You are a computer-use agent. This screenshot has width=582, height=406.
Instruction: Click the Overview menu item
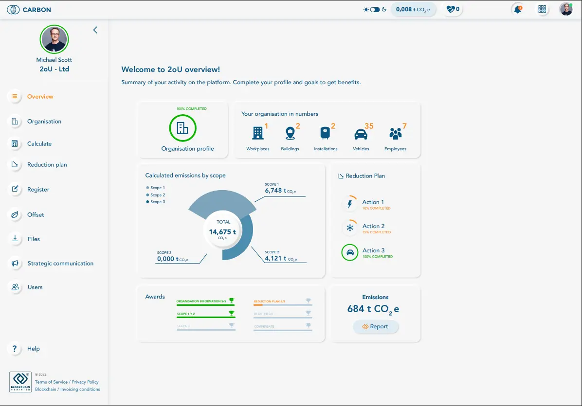pos(40,97)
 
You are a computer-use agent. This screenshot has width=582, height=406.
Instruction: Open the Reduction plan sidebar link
pos(47,165)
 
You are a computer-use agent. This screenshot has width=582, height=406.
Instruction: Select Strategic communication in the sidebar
pos(60,264)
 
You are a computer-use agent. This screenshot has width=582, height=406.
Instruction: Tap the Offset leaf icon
pos(15,214)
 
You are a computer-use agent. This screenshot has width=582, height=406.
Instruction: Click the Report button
pos(376,327)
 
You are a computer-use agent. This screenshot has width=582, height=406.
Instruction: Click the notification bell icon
pos(517,9)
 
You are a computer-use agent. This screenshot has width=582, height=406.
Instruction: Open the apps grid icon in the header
pos(542,9)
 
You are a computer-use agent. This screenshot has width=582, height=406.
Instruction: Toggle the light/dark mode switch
pos(375,9)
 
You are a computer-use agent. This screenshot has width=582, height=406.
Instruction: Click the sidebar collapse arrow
pos(95,30)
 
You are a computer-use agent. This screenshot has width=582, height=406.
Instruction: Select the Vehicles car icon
pos(361,134)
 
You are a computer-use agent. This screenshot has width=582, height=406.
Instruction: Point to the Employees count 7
pos(404,126)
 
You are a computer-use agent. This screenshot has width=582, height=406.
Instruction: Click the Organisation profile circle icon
pos(182,128)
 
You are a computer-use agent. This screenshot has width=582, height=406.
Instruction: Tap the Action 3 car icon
pos(349,252)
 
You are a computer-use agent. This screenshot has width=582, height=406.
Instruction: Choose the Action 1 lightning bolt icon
pos(349,204)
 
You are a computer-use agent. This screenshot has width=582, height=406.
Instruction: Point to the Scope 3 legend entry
pos(157,202)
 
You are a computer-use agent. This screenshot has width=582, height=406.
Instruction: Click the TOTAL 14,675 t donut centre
pos(222,232)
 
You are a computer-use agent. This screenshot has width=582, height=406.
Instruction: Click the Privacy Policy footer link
pos(85,382)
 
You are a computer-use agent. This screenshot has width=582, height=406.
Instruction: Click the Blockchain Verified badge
pos(20,382)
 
